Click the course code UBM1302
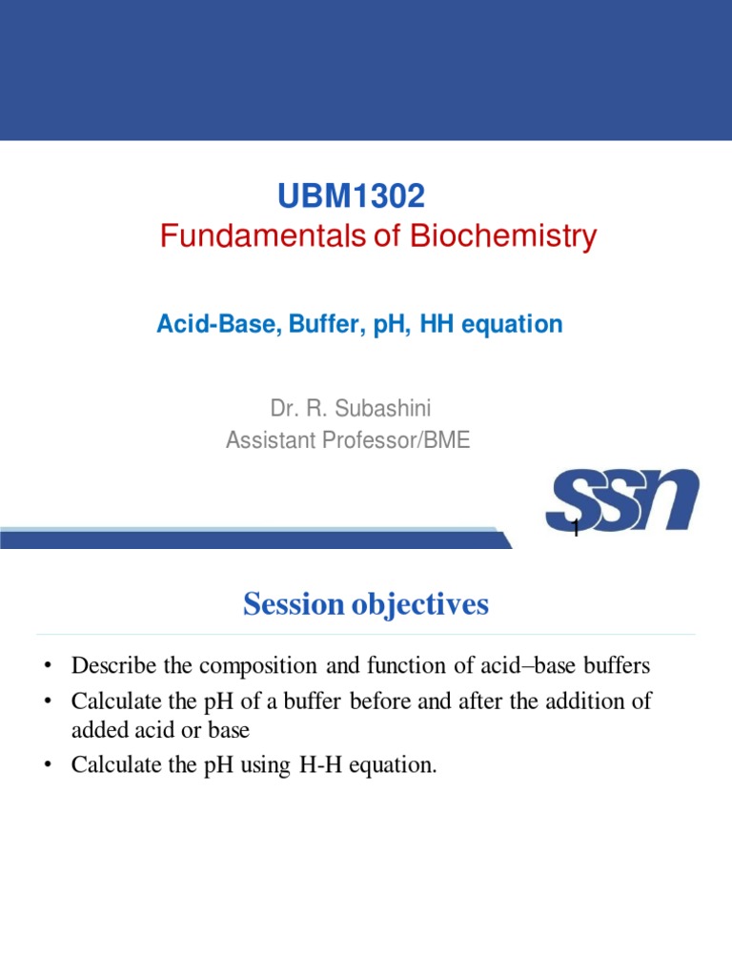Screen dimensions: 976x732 (351, 197)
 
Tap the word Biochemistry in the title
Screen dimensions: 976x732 (503, 236)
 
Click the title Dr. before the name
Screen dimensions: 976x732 (283, 410)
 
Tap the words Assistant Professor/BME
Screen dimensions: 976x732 (348, 440)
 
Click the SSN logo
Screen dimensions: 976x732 (621, 501)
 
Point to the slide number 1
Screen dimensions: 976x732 (576, 530)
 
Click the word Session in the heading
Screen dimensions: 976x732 (291, 604)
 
